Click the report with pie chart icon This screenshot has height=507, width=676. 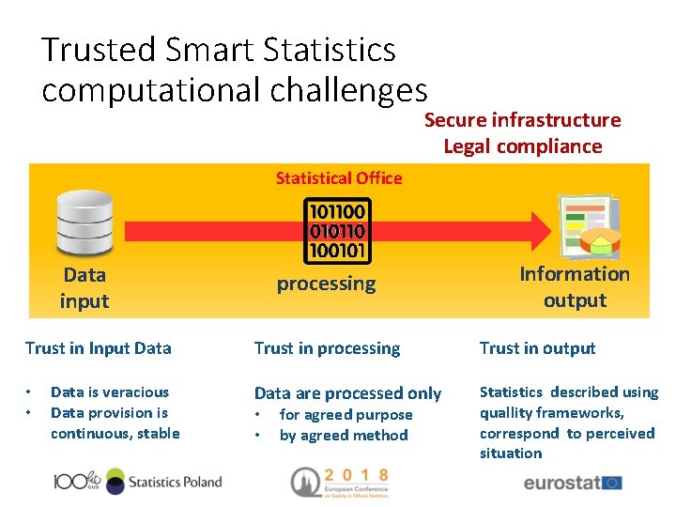588,227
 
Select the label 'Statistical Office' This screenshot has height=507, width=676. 338,178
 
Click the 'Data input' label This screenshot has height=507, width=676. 84,288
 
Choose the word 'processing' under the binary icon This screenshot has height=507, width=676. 326,284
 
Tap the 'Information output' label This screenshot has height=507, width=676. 575,287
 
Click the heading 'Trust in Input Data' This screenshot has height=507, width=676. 99,348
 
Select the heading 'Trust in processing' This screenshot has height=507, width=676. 327,348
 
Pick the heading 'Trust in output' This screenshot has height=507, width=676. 537,348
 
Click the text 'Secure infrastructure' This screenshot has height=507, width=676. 522,120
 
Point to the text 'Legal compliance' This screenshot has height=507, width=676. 522,146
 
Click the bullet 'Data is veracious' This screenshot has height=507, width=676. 109,392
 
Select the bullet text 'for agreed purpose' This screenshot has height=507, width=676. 346,415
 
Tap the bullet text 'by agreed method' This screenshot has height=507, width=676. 344,436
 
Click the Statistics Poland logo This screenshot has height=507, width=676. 139,483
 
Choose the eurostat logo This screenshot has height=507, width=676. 572,484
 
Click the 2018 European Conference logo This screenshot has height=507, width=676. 339,481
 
